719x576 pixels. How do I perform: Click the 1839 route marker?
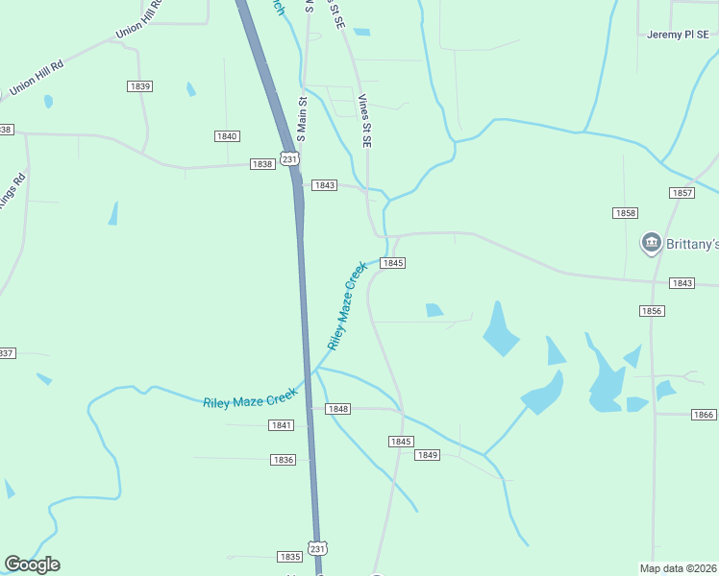click(x=140, y=86)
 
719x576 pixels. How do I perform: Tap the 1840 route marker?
click(x=227, y=136)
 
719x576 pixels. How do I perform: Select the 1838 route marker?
click(x=262, y=164)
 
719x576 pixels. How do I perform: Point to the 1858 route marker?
click(x=626, y=212)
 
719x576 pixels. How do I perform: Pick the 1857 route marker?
click(x=682, y=193)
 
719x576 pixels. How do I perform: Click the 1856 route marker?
click(x=651, y=311)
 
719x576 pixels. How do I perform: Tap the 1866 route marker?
click(x=704, y=415)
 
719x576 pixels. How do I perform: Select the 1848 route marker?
click(x=337, y=409)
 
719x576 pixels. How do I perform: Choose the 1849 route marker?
click(x=428, y=455)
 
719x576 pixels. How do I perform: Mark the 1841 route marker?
click(x=282, y=425)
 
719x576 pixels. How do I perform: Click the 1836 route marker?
click(x=283, y=460)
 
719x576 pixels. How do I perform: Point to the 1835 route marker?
click(x=289, y=557)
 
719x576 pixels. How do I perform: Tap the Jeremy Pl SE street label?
click(x=678, y=35)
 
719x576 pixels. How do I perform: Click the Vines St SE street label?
click(x=364, y=120)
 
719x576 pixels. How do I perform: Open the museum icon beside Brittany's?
click(x=652, y=242)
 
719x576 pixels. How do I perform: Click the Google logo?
click(x=32, y=564)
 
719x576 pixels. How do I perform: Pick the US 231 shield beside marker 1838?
click(x=289, y=158)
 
